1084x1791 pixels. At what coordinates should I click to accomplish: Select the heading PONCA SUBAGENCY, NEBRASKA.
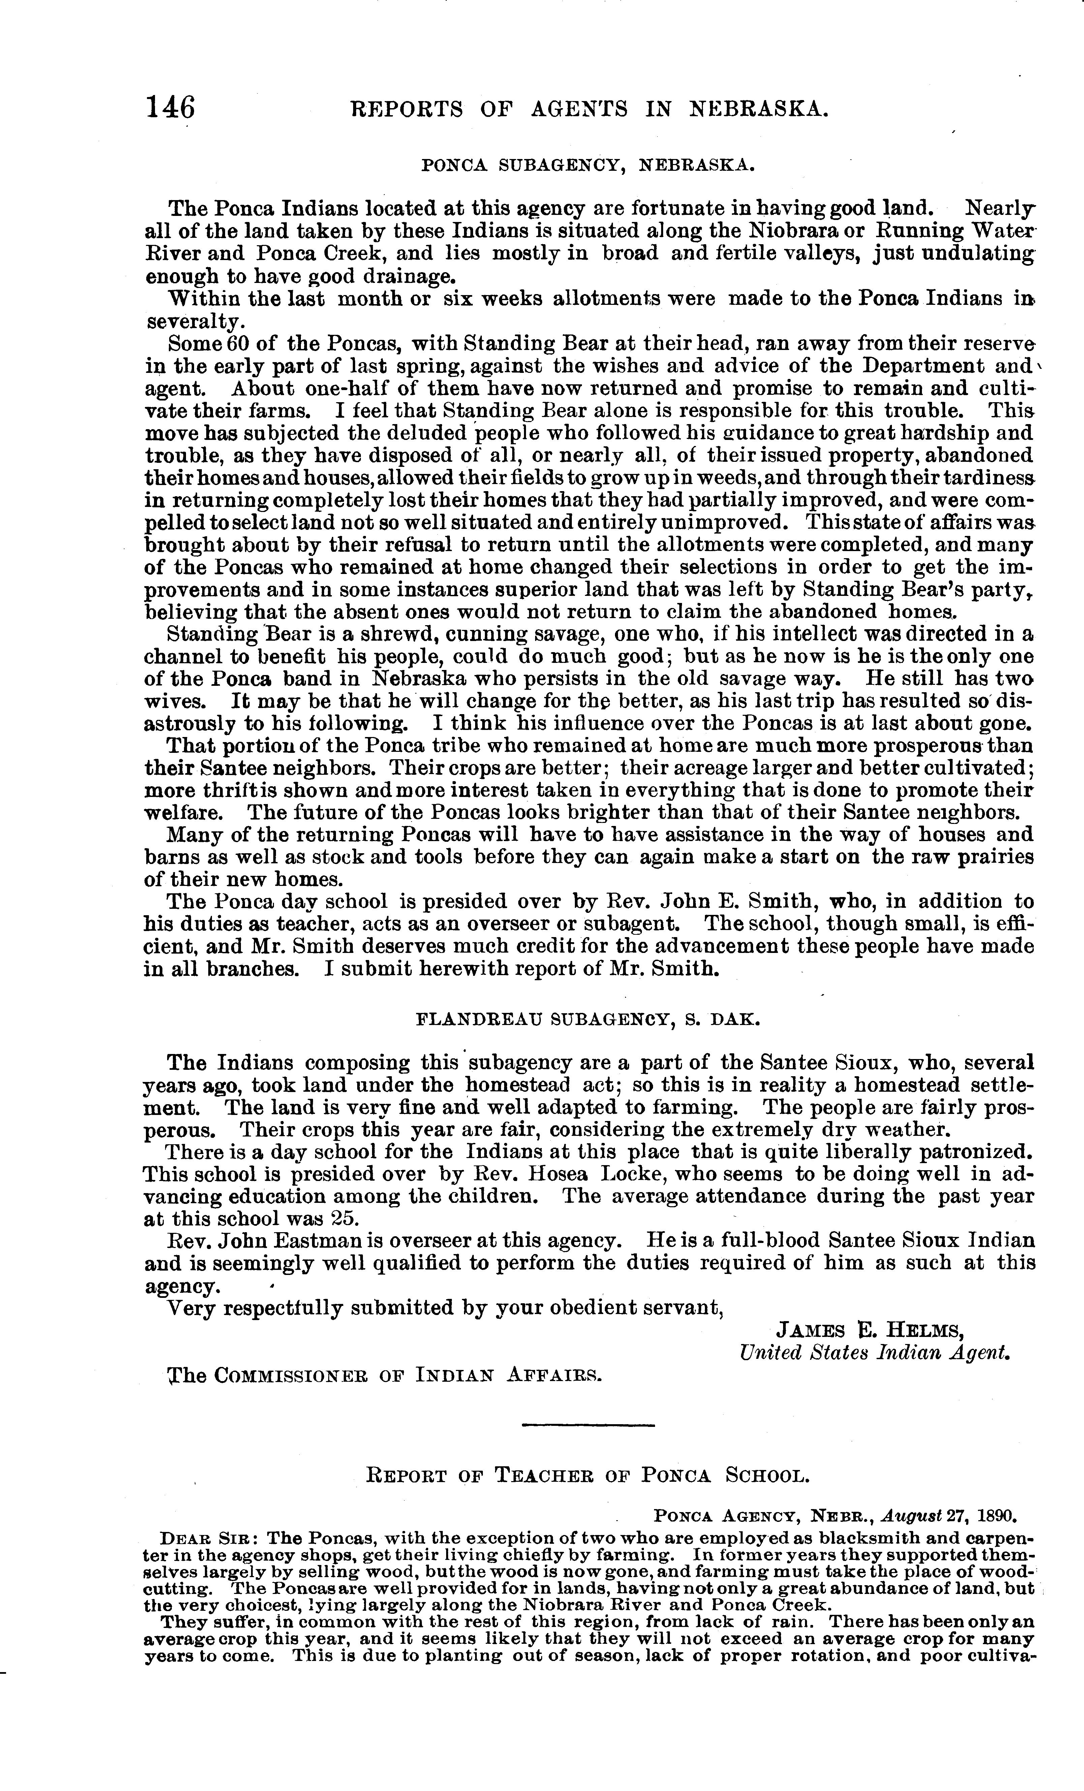click(x=588, y=166)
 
